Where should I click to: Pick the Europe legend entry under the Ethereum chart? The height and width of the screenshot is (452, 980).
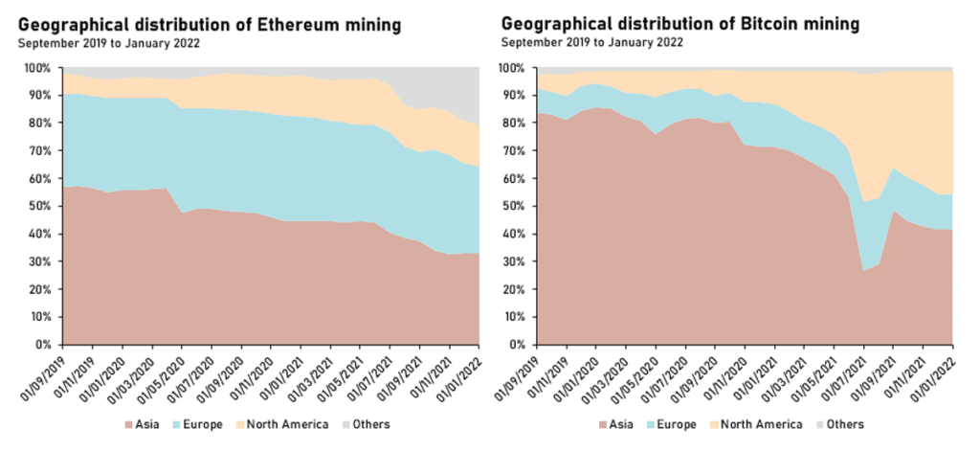[x=200, y=424]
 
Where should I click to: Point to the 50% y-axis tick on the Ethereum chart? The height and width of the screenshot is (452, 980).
[x=44, y=207]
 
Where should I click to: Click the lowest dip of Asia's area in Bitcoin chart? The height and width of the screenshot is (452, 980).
[x=864, y=272]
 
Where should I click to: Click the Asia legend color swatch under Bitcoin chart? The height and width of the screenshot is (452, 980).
[x=603, y=424]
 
